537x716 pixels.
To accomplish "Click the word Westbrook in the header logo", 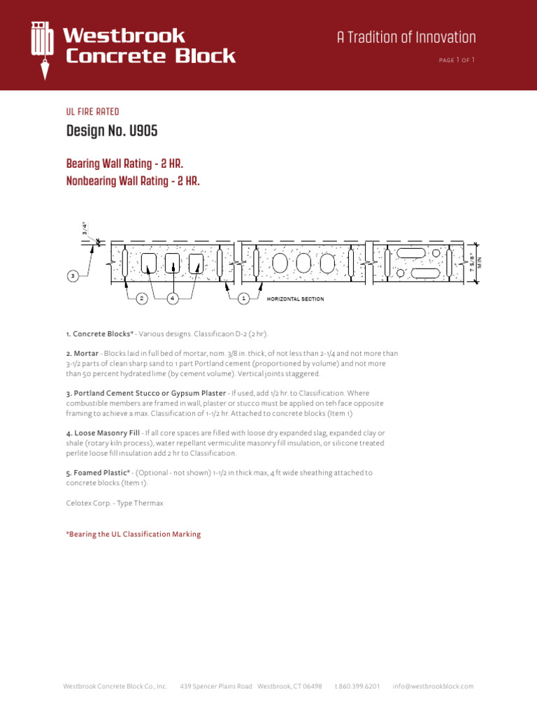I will pos(124,36).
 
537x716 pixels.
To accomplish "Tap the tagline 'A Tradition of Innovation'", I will pos(406,38).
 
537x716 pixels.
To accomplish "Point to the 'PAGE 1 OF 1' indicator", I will pos(457,60).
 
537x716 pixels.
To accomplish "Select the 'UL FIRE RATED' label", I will pos(92,112).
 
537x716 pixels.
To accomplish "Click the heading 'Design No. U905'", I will pos(112,131).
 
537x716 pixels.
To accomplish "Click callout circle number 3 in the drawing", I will pos(73,276).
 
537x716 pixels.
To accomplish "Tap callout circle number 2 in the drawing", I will pos(141,299).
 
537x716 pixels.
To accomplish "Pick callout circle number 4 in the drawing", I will pos(173,299).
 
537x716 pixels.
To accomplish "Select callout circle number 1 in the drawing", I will pos(243,299).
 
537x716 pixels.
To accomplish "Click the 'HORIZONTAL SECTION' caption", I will pos(296,299).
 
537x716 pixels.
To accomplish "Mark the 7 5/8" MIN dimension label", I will pos(476,263).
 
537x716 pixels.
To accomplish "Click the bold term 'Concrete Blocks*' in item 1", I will pos(103,334).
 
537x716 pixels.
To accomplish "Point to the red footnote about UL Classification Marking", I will pos(134,534).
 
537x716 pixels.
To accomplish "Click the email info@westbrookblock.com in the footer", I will pos(433,687).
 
